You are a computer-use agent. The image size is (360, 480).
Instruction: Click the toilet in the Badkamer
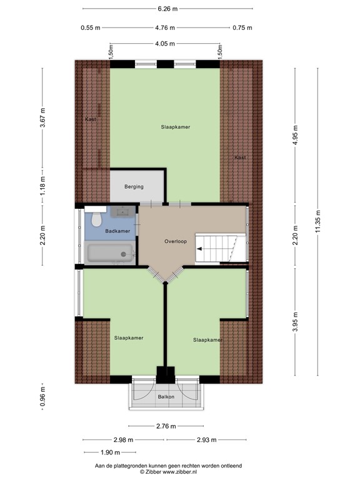click(96, 218)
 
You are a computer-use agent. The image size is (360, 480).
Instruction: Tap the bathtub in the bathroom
click(110, 253)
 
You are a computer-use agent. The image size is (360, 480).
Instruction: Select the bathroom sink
click(122, 211)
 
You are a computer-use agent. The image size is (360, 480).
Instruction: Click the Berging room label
click(134, 186)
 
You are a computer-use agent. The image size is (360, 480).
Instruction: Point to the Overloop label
click(176, 241)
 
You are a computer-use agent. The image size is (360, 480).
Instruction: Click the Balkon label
click(166, 397)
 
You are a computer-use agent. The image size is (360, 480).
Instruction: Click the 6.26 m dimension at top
click(167, 9)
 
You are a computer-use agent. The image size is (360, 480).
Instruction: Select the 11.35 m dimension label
click(317, 221)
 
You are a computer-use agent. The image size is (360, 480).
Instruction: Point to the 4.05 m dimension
click(165, 44)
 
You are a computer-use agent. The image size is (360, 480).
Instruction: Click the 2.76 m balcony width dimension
click(166, 426)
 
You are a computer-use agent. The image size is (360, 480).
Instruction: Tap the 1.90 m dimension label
click(110, 452)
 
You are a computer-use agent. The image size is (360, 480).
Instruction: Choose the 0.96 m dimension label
click(42, 397)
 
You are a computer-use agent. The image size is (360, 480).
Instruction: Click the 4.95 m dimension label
click(295, 135)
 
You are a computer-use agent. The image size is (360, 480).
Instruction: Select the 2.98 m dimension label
click(123, 440)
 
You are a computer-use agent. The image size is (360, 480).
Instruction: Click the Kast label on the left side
click(91, 119)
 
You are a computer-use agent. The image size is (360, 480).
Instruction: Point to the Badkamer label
click(117, 231)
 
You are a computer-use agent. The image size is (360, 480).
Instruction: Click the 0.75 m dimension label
click(242, 28)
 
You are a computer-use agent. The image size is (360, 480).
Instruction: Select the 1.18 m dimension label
click(42, 186)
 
